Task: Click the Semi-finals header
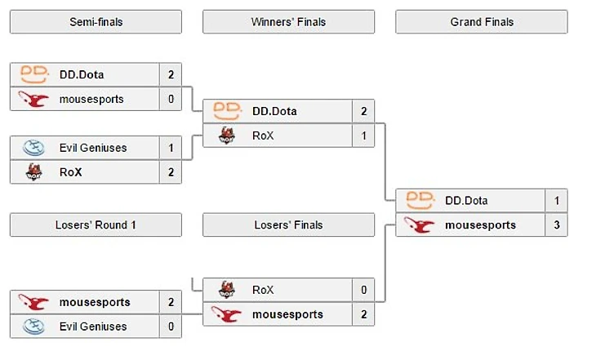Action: pyautogui.click(x=96, y=22)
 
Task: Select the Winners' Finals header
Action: pyautogui.click(x=288, y=22)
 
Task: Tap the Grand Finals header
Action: pyautogui.click(x=481, y=22)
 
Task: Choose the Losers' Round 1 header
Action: pyautogui.click(x=96, y=225)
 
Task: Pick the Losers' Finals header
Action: pyautogui.click(x=288, y=225)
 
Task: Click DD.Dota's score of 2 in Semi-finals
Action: pyautogui.click(x=171, y=74)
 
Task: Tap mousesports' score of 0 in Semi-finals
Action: pyautogui.click(x=171, y=99)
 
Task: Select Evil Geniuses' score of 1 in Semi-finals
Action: pyautogui.click(x=171, y=148)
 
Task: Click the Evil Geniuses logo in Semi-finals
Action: pyautogui.click(x=33, y=148)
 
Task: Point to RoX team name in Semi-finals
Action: pyautogui.click(x=70, y=172)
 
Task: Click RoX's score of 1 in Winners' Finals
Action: pyautogui.click(x=363, y=136)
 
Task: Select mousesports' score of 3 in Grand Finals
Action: pyautogui.click(x=556, y=224)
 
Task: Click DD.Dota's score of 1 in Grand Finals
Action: pyautogui.click(x=556, y=200)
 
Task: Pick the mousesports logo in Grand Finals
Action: pyautogui.click(x=419, y=224)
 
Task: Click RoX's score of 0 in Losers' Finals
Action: pyautogui.click(x=363, y=290)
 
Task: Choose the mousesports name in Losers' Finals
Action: pyautogui.click(x=287, y=314)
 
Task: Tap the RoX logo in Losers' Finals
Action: pyautogui.click(x=226, y=290)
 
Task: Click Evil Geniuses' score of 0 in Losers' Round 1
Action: pyautogui.click(x=171, y=327)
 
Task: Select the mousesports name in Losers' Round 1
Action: pyautogui.click(x=95, y=302)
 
